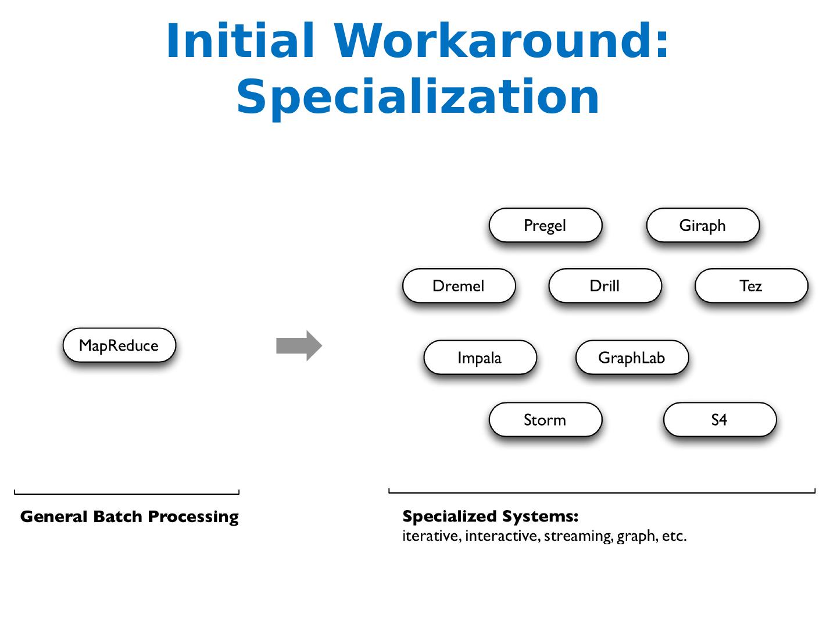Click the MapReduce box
119,345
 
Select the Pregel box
545,226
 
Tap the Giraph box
703,226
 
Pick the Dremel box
459,286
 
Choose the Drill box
604,286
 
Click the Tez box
751,286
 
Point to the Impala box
480,358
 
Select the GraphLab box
632,358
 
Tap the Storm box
545,420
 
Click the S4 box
720,420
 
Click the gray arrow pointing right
299,346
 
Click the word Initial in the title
241,41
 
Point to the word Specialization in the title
417,97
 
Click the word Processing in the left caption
193,517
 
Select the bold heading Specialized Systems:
490,516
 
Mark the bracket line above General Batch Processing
127,494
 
